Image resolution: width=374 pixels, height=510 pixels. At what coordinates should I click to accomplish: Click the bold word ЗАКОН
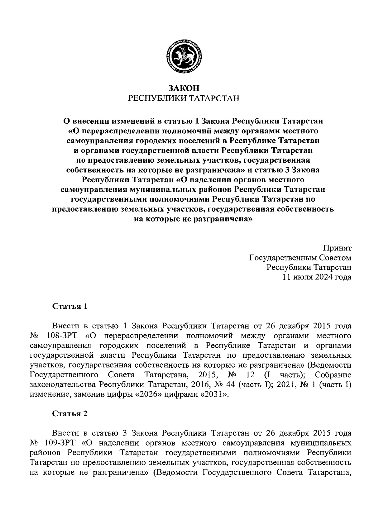[184, 88]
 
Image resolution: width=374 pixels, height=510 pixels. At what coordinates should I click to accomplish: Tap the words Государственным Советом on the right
[300, 258]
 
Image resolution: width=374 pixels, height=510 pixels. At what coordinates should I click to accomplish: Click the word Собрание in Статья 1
[333, 374]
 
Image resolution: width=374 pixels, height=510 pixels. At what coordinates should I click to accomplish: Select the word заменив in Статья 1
[86, 394]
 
